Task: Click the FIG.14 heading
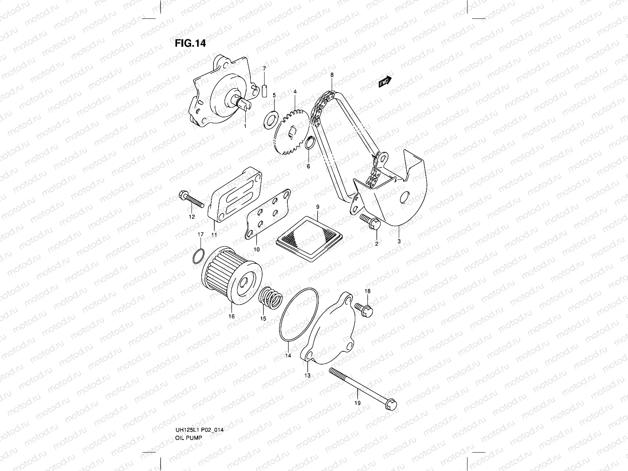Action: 190,43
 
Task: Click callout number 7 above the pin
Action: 264,69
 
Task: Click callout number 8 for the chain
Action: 332,75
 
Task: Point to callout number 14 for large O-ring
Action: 288,356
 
